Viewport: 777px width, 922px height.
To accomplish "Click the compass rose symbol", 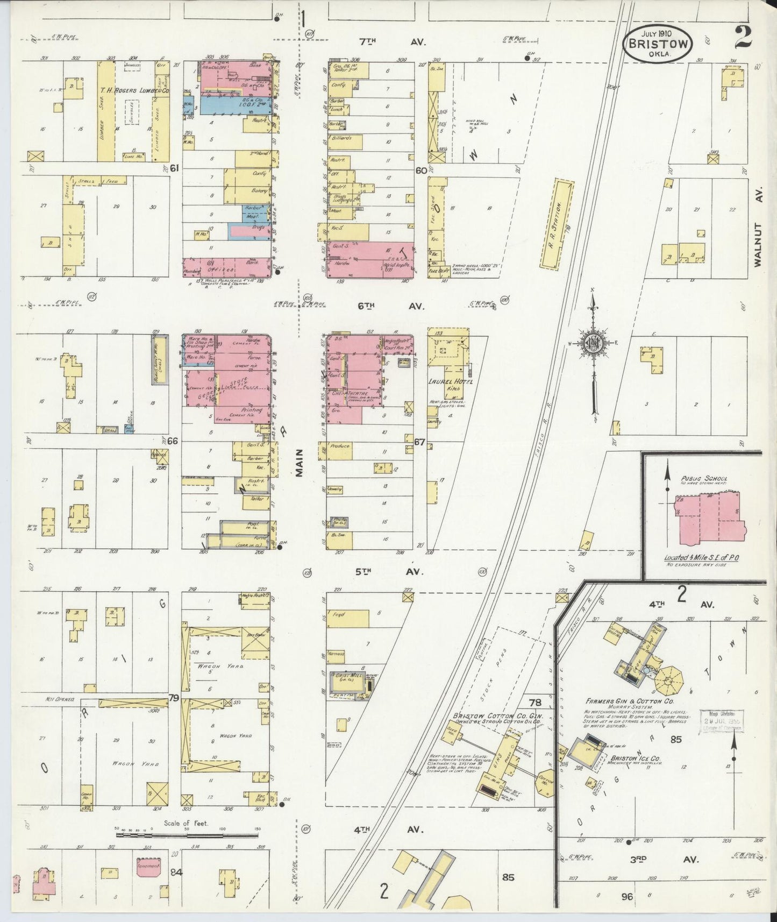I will pos(594,344).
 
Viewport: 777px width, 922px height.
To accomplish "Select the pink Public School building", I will pos(710,516).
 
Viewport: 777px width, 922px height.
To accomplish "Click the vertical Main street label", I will pos(298,463).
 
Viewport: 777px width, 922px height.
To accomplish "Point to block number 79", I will pos(173,698).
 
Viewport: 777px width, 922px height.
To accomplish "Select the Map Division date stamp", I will pos(721,720).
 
